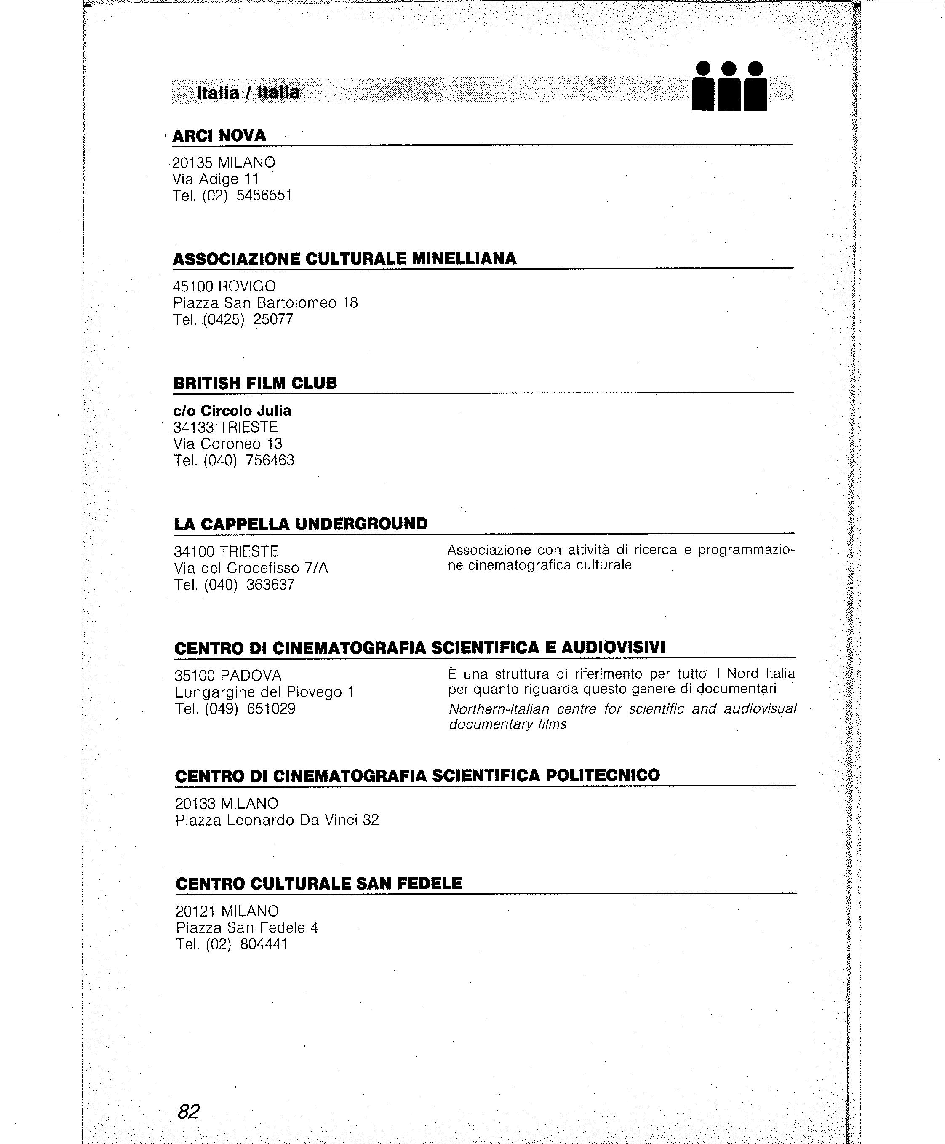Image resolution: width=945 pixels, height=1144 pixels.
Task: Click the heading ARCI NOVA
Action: point(219,136)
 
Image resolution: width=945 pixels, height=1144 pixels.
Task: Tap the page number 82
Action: point(188,1111)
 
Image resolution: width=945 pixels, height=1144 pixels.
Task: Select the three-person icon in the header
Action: point(729,87)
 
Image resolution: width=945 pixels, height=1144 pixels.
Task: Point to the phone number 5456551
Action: point(264,195)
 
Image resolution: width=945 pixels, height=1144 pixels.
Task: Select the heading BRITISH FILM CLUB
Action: point(255,383)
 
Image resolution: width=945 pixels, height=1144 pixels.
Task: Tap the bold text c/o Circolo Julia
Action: point(232,411)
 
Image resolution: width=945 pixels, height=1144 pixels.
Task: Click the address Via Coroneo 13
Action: point(228,444)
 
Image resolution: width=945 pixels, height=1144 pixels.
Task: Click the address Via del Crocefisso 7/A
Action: point(251,568)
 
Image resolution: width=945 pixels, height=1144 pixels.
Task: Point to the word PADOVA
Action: point(251,676)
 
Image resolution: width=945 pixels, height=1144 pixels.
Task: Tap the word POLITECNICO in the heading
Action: point(603,775)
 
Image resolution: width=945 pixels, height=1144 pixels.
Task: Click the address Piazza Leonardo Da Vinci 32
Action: point(277,820)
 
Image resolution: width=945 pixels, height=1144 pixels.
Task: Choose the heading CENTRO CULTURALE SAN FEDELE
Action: point(319,883)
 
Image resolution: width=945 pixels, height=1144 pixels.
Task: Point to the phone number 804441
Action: point(264,944)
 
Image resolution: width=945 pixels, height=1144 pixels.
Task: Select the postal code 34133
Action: point(194,428)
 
